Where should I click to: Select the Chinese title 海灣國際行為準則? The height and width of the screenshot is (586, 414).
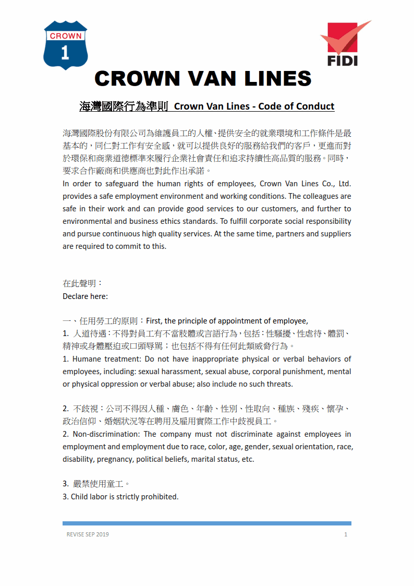[123, 106]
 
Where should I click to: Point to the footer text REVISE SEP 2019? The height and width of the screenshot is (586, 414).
[88, 534]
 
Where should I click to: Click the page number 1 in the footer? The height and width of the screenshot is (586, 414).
[346, 534]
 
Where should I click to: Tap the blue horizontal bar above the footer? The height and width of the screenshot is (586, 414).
[206, 523]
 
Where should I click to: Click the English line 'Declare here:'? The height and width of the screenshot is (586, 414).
[85, 296]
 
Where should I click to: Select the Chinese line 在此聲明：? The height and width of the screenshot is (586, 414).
[82, 284]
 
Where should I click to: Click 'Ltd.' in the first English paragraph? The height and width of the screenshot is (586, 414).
[345, 184]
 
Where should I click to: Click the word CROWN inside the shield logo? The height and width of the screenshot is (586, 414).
[65, 36]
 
